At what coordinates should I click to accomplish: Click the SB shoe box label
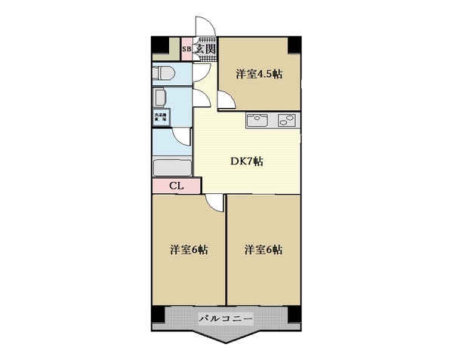186,50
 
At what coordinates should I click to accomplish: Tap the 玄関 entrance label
205,50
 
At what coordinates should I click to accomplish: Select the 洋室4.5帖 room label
258,74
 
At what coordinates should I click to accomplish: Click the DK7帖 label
247,161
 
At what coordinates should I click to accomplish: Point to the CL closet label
175,186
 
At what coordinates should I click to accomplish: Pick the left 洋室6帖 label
189,250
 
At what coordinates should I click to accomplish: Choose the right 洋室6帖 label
263,250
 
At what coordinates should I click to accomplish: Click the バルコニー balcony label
226,318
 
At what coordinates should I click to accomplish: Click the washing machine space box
162,117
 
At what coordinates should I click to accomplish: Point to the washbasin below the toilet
159,97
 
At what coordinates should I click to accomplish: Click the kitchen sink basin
255,119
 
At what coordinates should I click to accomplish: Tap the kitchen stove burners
287,119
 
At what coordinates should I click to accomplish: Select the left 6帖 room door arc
215,202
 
